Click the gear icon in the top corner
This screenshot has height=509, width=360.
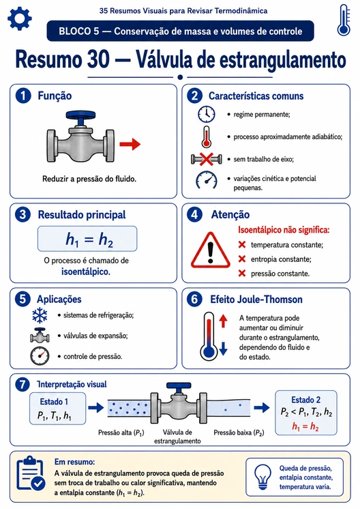20,18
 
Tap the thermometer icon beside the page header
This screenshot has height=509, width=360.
344,20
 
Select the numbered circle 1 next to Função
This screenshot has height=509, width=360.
23,96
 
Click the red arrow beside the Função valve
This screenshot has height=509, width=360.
130,144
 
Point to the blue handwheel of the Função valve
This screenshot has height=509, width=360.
80,115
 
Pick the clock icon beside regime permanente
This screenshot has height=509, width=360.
207,114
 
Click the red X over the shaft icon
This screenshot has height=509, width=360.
207,159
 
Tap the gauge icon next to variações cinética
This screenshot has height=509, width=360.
207,181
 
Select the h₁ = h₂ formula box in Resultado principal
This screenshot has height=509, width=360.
87,239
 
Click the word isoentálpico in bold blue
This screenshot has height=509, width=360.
86,272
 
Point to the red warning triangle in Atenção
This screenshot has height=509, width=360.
210,250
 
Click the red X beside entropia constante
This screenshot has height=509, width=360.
242,259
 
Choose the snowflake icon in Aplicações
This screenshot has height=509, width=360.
40,315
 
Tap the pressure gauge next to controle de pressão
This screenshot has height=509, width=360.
40,355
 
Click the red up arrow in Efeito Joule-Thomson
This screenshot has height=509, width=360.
223,321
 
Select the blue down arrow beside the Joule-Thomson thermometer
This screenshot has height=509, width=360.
223,349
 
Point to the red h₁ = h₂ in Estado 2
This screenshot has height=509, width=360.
305,426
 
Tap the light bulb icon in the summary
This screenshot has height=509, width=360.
262,477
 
